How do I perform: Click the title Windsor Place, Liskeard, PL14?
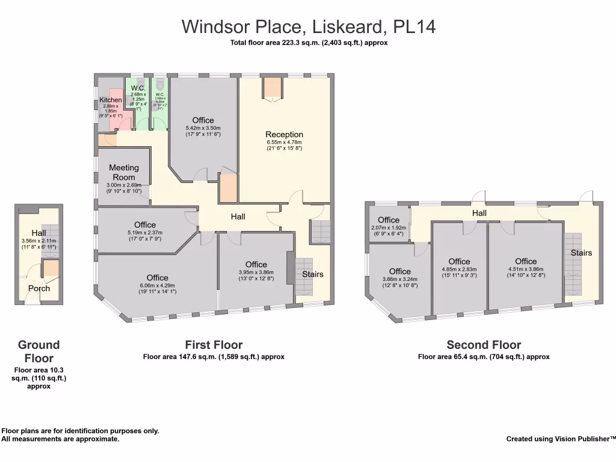coord(309,26)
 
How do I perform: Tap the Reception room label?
coord(284,134)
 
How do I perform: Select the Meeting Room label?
coord(124,172)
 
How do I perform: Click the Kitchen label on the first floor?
coord(111,100)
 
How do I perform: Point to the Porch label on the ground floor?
coord(39,288)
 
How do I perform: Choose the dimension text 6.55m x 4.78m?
coord(284,143)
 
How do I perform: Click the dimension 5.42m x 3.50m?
coord(203,128)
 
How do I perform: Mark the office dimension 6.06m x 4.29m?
coord(157,286)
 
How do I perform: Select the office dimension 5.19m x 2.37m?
coord(145,233)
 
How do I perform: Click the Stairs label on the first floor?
coord(313,274)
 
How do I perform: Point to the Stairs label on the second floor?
coord(581,253)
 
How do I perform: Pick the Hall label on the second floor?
coord(479,213)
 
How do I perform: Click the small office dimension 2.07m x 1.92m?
coord(389,228)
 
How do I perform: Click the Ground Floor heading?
coord(39,351)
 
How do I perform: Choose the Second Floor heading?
coord(484,345)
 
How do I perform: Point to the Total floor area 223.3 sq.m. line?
coord(309,43)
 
